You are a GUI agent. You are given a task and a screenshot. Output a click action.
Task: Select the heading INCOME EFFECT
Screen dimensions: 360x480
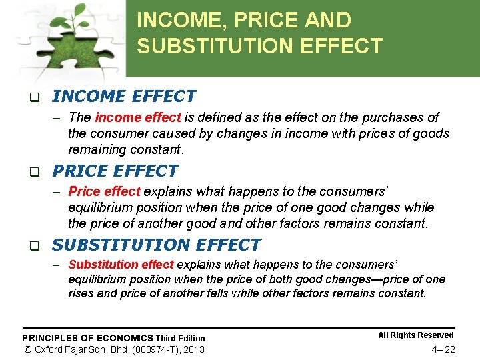124,97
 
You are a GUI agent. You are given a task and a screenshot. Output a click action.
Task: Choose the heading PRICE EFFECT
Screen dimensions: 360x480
115,171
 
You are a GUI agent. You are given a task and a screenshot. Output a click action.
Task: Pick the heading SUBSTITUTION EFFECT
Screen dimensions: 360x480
156,245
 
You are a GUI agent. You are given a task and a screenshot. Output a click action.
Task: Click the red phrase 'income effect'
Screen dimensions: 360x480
138,118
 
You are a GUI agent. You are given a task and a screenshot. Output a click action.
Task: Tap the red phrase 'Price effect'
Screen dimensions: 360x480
104,192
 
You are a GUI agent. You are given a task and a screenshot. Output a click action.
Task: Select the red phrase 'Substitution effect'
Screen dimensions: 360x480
121,265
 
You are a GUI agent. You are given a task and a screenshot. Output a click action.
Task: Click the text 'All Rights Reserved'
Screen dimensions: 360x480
415,335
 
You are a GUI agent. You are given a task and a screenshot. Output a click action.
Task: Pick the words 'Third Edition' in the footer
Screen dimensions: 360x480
181,338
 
